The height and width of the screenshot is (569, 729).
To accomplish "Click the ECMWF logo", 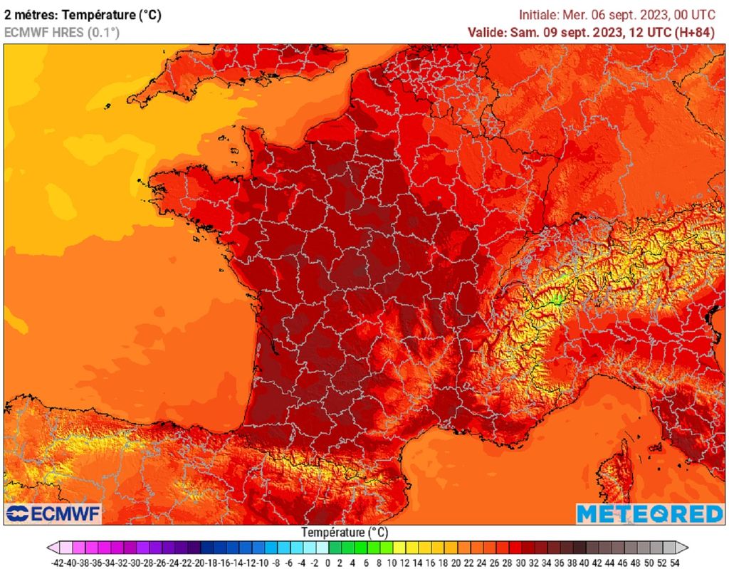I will point(53,513).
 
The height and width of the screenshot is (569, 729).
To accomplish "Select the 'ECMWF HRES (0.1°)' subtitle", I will point(62,32).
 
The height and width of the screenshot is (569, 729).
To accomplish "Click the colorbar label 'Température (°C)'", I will point(344,532).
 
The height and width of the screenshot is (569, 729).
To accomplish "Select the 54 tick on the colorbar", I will point(674,562).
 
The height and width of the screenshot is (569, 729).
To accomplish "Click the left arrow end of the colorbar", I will point(53,548).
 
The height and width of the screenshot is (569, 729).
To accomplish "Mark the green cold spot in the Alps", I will point(557,298).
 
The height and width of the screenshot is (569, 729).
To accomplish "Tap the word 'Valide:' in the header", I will point(488,32).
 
